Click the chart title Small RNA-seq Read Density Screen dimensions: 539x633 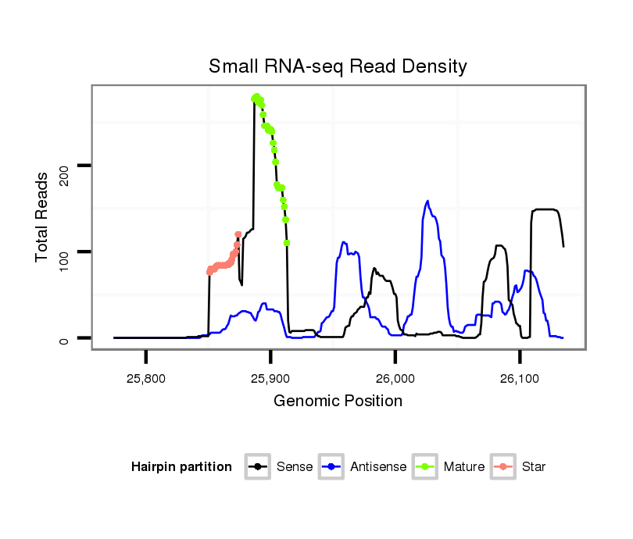coord(338,66)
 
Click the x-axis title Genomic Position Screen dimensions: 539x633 coord(338,402)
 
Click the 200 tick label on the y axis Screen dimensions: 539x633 coord(64,166)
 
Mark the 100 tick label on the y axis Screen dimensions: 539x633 coord(64,252)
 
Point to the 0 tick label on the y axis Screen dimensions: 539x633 coord(64,338)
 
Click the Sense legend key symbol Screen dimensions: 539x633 coord(257,467)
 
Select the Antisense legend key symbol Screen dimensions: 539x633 coord(332,467)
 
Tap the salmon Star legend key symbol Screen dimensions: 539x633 coord(503,467)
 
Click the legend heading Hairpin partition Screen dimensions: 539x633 coord(181,467)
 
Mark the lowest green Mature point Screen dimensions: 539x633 coord(287,243)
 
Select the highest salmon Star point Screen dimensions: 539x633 coord(238,234)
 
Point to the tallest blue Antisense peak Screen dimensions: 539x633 coord(427,202)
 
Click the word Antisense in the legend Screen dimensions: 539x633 coord(378,467)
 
